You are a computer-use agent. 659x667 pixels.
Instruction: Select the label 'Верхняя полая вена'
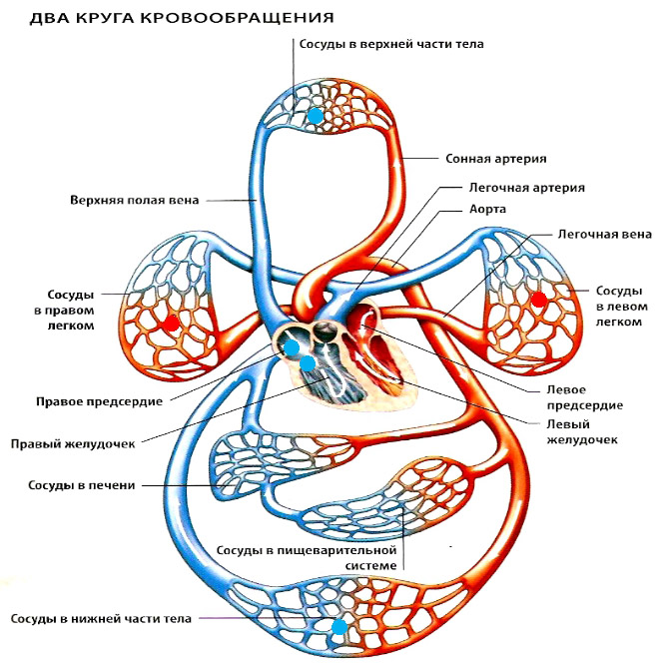tap(148, 200)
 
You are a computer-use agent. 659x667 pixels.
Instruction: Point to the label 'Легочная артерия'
tap(526, 187)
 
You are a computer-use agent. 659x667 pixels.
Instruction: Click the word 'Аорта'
tap(488, 210)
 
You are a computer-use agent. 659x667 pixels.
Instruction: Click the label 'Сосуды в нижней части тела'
tap(103, 619)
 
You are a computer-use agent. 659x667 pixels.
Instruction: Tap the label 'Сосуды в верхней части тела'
tap(377, 45)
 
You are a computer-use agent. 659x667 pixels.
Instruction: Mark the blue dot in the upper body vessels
tap(316, 116)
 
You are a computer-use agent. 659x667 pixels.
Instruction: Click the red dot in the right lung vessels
tap(172, 323)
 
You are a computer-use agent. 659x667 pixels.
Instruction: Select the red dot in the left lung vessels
tap(539, 300)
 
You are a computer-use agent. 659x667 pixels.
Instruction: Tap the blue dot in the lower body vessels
tap(339, 627)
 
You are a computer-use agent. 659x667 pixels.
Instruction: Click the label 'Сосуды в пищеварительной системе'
tap(308, 557)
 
